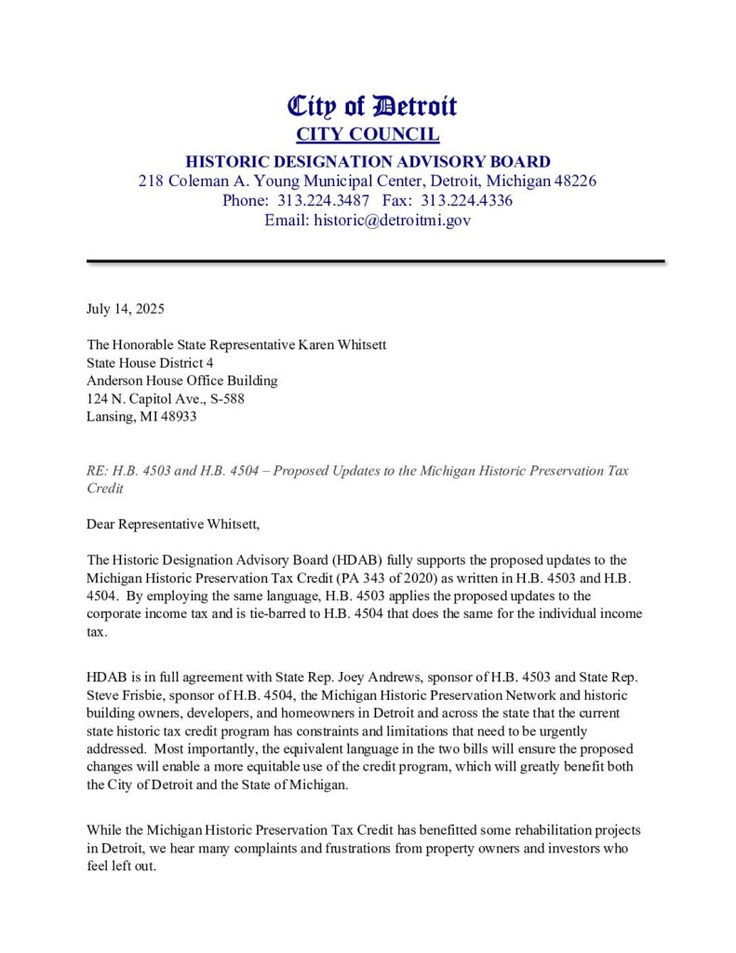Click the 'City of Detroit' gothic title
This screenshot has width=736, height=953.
(x=371, y=106)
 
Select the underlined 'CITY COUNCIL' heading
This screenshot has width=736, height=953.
(x=368, y=134)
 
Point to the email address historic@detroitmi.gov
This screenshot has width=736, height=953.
(x=393, y=221)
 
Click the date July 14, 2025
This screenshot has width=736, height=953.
(x=125, y=308)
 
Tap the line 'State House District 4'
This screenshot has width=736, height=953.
(x=150, y=363)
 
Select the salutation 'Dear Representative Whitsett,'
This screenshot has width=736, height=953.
(x=173, y=524)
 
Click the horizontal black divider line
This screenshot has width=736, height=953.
(x=375, y=262)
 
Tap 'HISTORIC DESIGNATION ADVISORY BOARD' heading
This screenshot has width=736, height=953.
(x=368, y=161)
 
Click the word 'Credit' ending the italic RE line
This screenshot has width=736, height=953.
(x=104, y=488)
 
